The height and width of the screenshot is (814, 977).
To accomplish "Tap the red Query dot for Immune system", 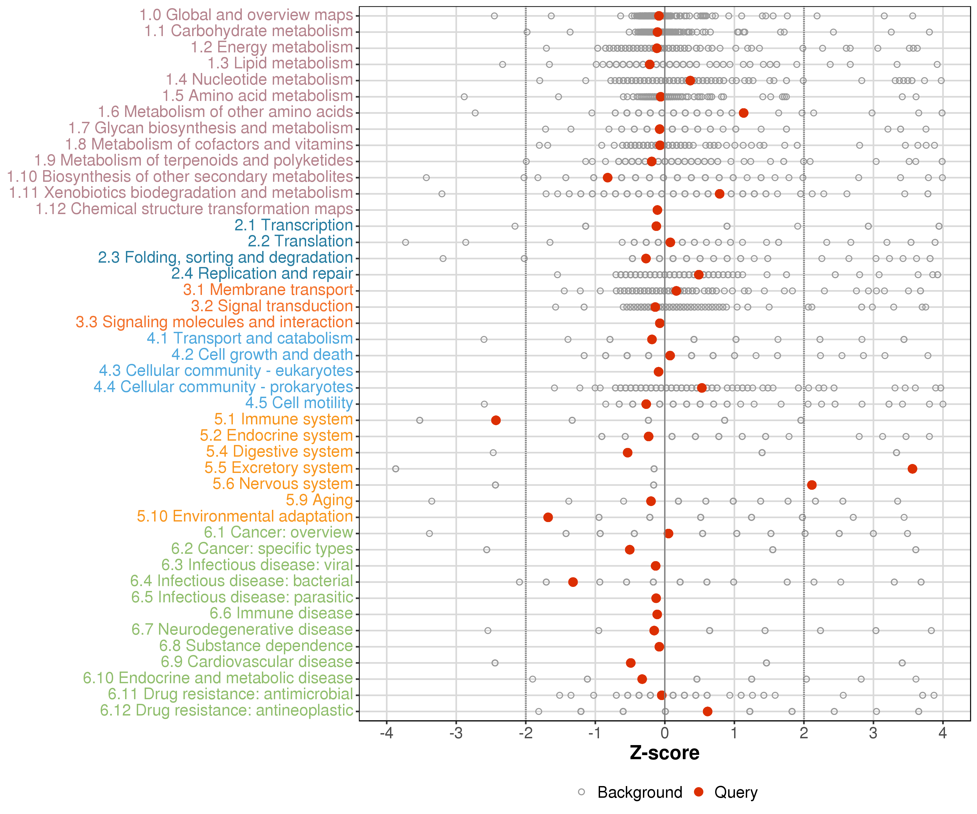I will pyautogui.click(x=496, y=420).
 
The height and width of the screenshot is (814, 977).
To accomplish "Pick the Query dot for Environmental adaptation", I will pyautogui.click(x=548, y=517).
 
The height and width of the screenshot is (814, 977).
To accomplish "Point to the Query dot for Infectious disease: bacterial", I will pyautogui.click(x=573, y=582).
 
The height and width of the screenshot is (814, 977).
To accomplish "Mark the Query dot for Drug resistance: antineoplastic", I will pyautogui.click(x=708, y=711).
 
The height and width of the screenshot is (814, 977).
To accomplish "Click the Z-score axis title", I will pyautogui.click(x=664, y=753).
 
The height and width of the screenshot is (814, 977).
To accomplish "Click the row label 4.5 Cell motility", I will pyautogui.click(x=299, y=403).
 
